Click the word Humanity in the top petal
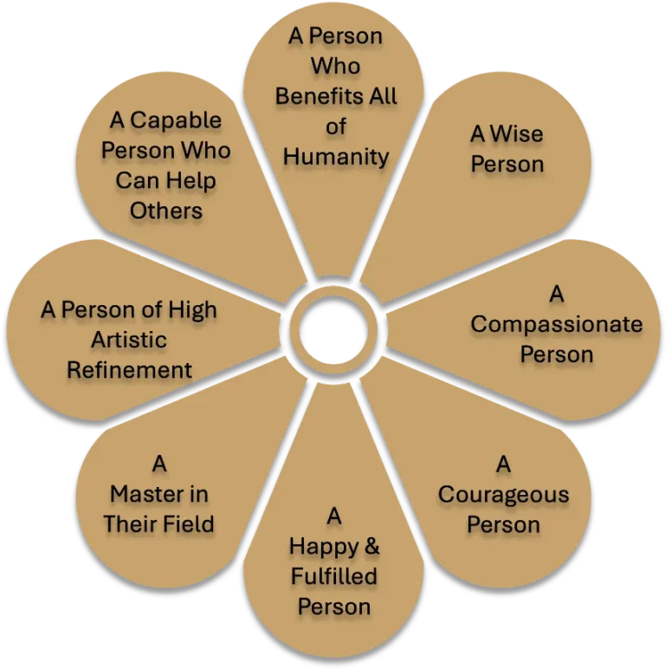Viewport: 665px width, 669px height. click(x=336, y=157)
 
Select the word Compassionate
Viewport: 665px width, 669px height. click(x=556, y=325)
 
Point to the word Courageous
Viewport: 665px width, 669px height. click(x=503, y=496)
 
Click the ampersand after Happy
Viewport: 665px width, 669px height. click(x=370, y=547)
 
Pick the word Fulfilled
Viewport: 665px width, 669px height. click(x=333, y=576)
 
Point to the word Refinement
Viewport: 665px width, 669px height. click(x=130, y=370)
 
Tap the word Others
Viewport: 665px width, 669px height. click(x=166, y=211)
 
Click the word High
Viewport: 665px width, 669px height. click(x=189, y=310)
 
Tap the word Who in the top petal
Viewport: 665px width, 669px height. click(x=335, y=67)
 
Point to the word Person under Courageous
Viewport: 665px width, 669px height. click(x=503, y=525)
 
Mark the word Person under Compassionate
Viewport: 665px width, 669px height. click(x=557, y=354)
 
